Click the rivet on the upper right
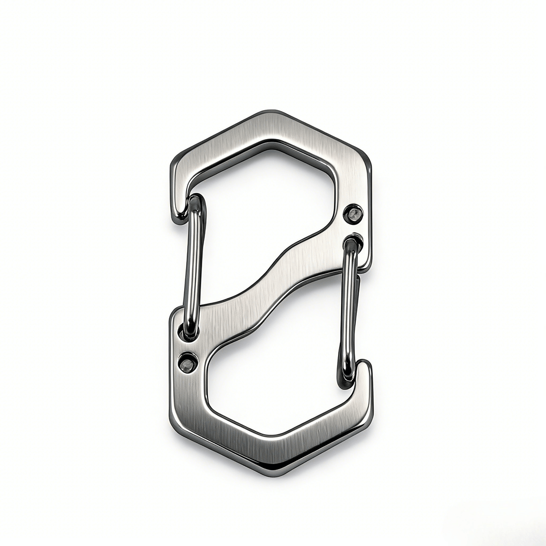354,214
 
